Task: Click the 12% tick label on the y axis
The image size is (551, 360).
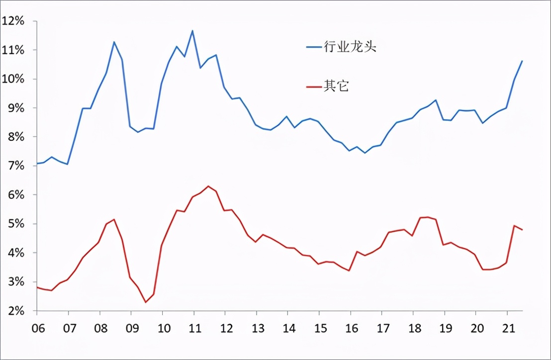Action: (x=13, y=21)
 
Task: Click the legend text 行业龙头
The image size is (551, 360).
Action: (x=350, y=47)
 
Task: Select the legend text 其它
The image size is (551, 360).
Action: (x=337, y=86)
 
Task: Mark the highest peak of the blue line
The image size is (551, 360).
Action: (x=192, y=31)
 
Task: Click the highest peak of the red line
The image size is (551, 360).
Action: (x=208, y=186)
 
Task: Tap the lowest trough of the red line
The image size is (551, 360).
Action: (x=146, y=302)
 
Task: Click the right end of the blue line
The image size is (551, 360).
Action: (x=522, y=61)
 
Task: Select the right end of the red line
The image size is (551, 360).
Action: (x=522, y=230)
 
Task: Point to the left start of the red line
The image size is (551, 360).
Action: (x=37, y=287)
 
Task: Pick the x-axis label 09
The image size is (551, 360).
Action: (x=131, y=329)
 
